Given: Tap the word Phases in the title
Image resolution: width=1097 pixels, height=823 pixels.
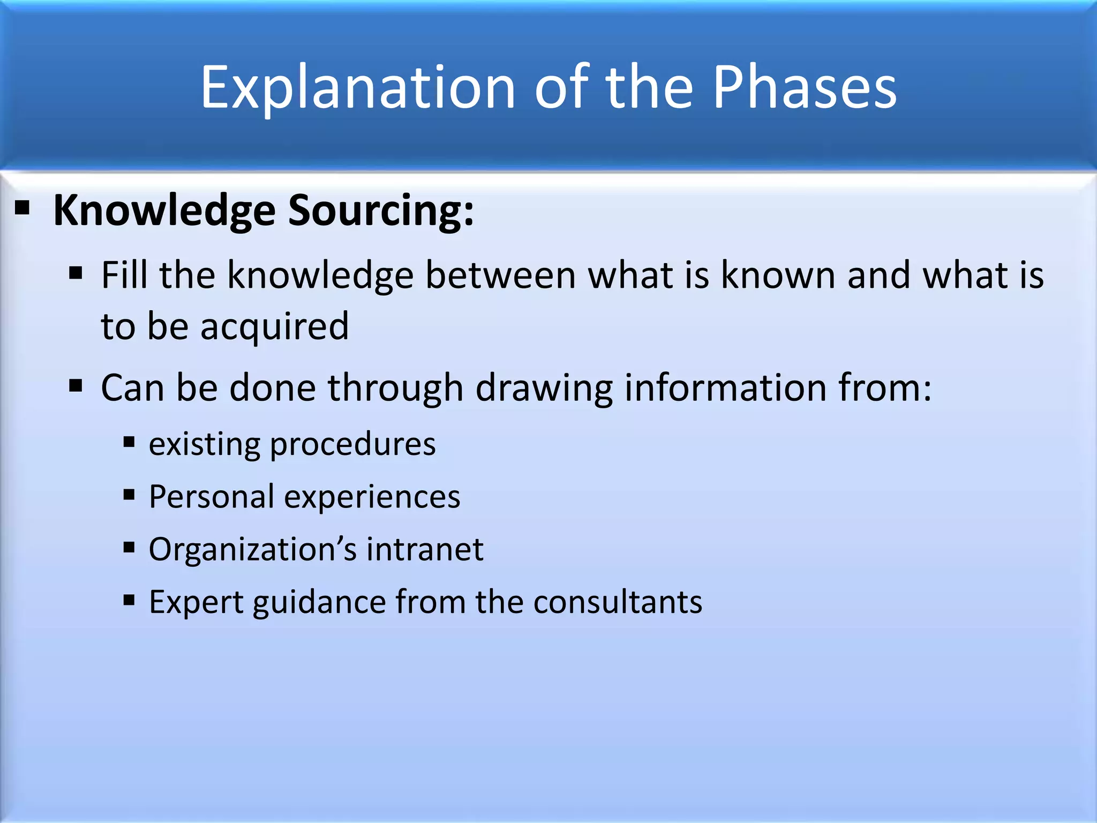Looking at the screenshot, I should point(804,87).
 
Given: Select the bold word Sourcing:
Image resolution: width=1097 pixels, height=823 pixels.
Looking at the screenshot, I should point(381,210).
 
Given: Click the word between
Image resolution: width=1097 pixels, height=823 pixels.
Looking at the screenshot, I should point(500,275).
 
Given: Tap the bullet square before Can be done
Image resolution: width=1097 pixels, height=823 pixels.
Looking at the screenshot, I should point(76,385).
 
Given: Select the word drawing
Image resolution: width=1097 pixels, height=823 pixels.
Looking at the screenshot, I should point(544,387).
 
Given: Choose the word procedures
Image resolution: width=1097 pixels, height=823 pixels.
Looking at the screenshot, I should point(353,444).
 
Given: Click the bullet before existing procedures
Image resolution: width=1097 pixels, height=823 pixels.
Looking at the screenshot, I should point(129,443).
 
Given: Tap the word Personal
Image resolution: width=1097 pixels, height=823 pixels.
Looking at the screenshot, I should point(212,496).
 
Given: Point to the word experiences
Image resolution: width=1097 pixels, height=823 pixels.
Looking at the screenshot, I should point(372,496).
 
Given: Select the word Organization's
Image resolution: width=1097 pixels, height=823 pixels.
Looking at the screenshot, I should point(252,549).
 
